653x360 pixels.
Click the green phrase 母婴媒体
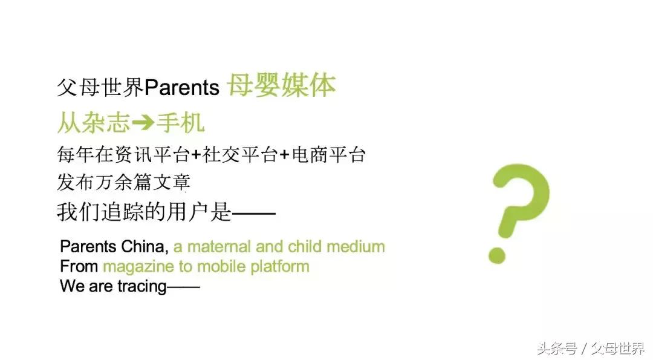(281, 86)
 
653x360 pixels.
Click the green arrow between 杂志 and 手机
(143, 123)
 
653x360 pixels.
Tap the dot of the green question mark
(497, 254)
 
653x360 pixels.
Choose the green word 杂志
(105, 123)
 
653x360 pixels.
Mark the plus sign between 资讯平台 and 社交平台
(196, 155)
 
